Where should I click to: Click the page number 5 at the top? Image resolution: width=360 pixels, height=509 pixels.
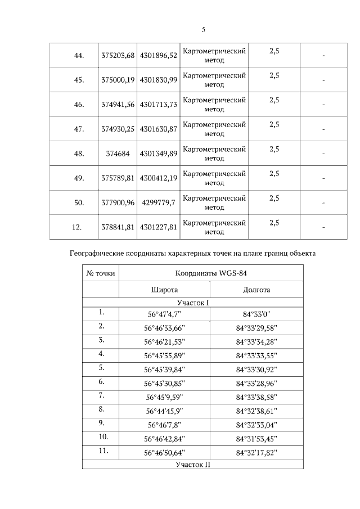point(203,30)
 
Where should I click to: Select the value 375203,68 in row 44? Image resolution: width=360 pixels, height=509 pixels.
point(118,55)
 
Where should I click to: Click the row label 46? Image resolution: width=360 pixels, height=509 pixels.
point(79,104)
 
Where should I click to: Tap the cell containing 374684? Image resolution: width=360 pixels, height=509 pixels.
point(118,154)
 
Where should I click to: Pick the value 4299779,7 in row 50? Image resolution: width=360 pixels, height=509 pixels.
point(158,202)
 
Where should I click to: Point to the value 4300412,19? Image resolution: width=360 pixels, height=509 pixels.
point(158,178)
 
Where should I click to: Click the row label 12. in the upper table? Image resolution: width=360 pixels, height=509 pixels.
point(79,227)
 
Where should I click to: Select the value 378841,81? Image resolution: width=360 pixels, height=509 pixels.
point(118,227)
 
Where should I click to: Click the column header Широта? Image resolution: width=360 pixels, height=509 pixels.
point(164,290)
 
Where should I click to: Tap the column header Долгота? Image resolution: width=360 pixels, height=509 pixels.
point(256,290)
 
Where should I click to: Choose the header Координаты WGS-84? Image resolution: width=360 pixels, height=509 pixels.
point(211,273)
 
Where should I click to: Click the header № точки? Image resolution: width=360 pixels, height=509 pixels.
point(101,273)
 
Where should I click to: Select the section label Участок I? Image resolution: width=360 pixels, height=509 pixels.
point(192,303)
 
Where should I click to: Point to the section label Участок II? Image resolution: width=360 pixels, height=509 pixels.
point(192,465)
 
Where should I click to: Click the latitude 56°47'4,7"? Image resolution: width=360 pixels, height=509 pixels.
point(164,314)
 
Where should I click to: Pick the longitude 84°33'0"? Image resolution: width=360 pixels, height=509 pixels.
point(256,314)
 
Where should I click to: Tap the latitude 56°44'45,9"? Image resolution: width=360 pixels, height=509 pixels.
point(164,411)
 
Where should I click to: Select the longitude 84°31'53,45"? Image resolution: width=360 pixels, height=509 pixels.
point(256,439)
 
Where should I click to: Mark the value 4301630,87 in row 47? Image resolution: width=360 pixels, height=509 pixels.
point(158,129)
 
